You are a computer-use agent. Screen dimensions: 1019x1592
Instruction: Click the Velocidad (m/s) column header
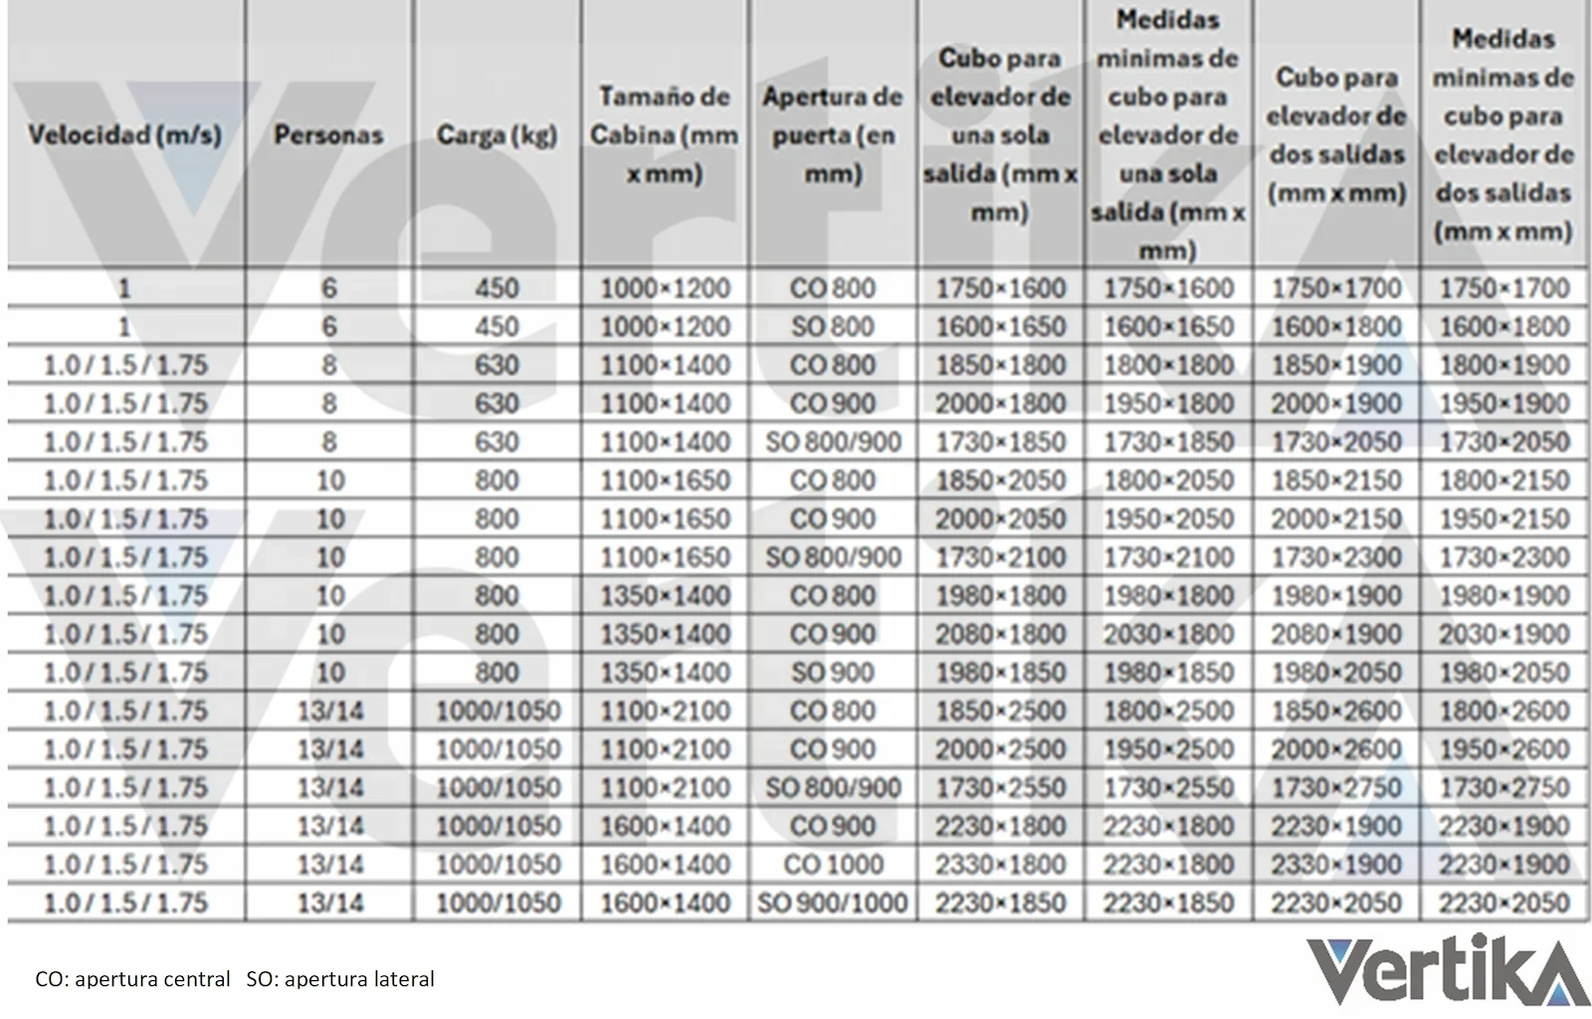(x=124, y=134)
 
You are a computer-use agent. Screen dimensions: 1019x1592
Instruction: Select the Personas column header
(x=328, y=134)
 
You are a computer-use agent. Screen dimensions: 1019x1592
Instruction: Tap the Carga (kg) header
(x=497, y=134)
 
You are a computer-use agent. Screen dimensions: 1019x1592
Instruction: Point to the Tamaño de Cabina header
(x=665, y=134)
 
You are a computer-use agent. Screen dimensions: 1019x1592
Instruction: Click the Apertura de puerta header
(x=833, y=134)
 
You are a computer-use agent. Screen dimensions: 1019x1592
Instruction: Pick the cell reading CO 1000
(x=833, y=864)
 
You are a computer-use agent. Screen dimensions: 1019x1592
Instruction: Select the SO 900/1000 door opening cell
(x=833, y=903)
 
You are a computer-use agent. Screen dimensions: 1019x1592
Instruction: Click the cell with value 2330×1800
(x=1000, y=864)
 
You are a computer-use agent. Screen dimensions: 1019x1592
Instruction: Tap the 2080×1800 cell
(x=1000, y=634)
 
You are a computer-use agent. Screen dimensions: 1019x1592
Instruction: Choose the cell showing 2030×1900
(x=1503, y=634)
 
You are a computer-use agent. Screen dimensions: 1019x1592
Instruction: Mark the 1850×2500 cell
(x=1000, y=711)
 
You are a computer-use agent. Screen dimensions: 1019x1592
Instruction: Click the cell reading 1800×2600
(x=1503, y=711)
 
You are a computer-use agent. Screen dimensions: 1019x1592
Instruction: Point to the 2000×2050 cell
(x=1000, y=518)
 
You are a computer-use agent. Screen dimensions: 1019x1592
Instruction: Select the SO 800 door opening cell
(x=833, y=326)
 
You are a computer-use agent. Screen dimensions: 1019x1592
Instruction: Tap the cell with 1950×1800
(x=1168, y=403)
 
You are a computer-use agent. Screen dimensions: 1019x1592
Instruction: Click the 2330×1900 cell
(x=1336, y=864)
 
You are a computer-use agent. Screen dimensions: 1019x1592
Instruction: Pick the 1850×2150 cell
(x=1336, y=480)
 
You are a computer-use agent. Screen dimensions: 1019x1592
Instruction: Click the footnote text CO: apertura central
(x=132, y=979)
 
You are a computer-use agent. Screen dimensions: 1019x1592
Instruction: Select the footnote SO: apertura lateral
(x=340, y=979)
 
